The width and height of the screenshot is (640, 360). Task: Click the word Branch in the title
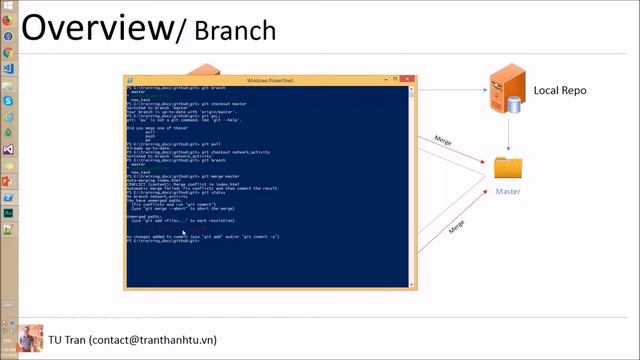[237, 32]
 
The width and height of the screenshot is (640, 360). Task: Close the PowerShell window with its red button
[407, 80]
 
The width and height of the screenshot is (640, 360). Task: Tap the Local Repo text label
[560, 90]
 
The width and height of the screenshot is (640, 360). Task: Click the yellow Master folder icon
[508, 168]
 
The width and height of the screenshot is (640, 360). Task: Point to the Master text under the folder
[508, 190]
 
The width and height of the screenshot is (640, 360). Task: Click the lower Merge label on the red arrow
[456, 227]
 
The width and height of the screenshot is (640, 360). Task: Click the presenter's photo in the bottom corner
[30, 338]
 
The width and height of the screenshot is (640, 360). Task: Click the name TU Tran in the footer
[67, 340]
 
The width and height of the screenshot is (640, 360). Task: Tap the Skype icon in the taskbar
[8, 101]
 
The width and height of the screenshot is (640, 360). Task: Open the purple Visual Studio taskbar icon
[8, 149]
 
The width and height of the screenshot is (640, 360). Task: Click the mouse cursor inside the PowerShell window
[183, 232]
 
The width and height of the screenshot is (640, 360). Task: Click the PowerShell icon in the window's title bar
[130, 80]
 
